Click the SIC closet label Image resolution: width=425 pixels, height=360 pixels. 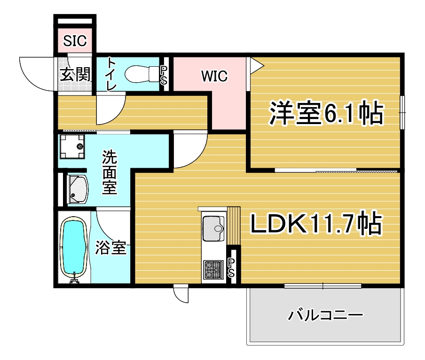(75, 40)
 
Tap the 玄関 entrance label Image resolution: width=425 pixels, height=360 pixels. (75, 74)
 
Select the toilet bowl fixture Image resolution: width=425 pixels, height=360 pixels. (142, 73)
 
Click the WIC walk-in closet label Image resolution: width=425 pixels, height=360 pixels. (214, 76)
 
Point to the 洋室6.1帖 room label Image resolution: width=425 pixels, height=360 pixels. (326, 113)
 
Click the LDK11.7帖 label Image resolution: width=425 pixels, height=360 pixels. (316, 224)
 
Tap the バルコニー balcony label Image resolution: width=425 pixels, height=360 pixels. (325, 315)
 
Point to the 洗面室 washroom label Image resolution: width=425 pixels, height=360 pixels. (110, 172)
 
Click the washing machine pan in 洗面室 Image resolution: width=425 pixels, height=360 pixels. (72, 146)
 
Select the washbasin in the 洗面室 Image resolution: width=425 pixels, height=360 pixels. (78, 189)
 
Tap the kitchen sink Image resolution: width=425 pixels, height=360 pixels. (213, 228)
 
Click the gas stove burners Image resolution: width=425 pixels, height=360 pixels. (213, 270)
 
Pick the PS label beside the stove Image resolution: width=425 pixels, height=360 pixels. (231, 267)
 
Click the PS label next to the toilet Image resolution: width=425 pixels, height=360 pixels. (164, 75)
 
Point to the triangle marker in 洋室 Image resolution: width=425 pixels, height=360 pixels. (256, 65)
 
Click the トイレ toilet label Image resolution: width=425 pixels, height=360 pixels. (111, 74)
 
